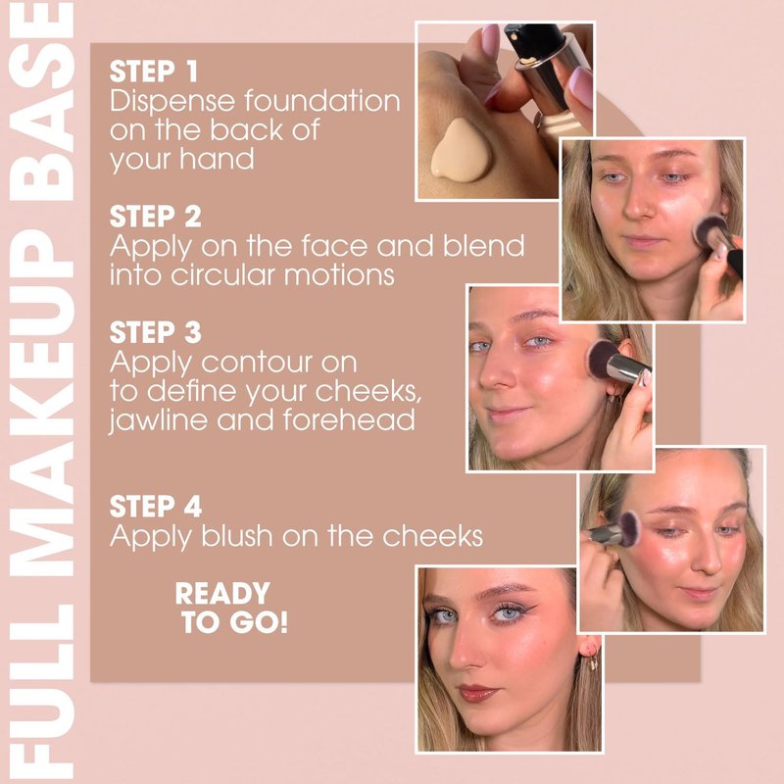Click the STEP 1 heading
pyautogui.click(x=154, y=72)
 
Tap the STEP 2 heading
pyautogui.click(x=156, y=217)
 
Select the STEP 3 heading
pyautogui.click(x=156, y=332)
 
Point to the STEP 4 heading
pyautogui.click(x=156, y=507)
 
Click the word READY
pyautogui.click(x=222, y=594)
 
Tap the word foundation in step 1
pyautogui.click(x=322, y=101)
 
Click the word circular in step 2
pyautogui.click(x=223, y=275)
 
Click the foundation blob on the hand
pyautogui.click(x=460, y=150)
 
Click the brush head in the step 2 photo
pyautogui.click(x=709, y=231)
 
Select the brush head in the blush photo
pyautogui.click(x=628, y=527)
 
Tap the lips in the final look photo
pyautogui.click(x=477, y=694)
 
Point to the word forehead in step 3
pyautogui.click(x=349, y=419)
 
